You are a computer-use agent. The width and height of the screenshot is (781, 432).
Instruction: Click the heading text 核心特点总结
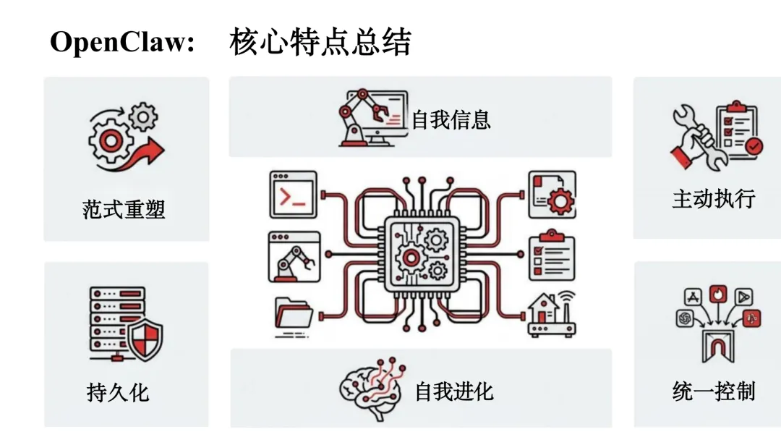pos(320,43)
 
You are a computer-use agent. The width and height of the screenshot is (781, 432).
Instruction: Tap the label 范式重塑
pos(124,210)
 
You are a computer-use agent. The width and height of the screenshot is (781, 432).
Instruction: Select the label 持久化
pos(118,392)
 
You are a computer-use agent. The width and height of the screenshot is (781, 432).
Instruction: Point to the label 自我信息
pos(451,119)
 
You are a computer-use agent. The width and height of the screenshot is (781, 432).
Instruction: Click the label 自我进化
pos(454,391)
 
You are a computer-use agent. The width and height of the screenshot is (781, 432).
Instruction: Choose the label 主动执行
pos(713,198)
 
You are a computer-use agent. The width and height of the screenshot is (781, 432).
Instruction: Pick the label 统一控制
pos(713,391)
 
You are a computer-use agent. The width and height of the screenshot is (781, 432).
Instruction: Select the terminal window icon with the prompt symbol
pos(293,195)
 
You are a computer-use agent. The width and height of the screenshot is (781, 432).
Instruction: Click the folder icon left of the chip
pos(294,315)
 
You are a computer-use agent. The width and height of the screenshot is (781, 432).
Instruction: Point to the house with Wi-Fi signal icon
pos(552,315)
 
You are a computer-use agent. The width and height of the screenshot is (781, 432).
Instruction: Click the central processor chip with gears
pos(422,255)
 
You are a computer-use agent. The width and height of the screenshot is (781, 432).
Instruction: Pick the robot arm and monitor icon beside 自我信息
pos(372,118)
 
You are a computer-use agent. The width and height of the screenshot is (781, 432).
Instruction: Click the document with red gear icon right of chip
pos(552,195)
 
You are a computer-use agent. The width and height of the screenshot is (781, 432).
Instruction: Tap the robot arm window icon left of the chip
pos(293,256)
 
